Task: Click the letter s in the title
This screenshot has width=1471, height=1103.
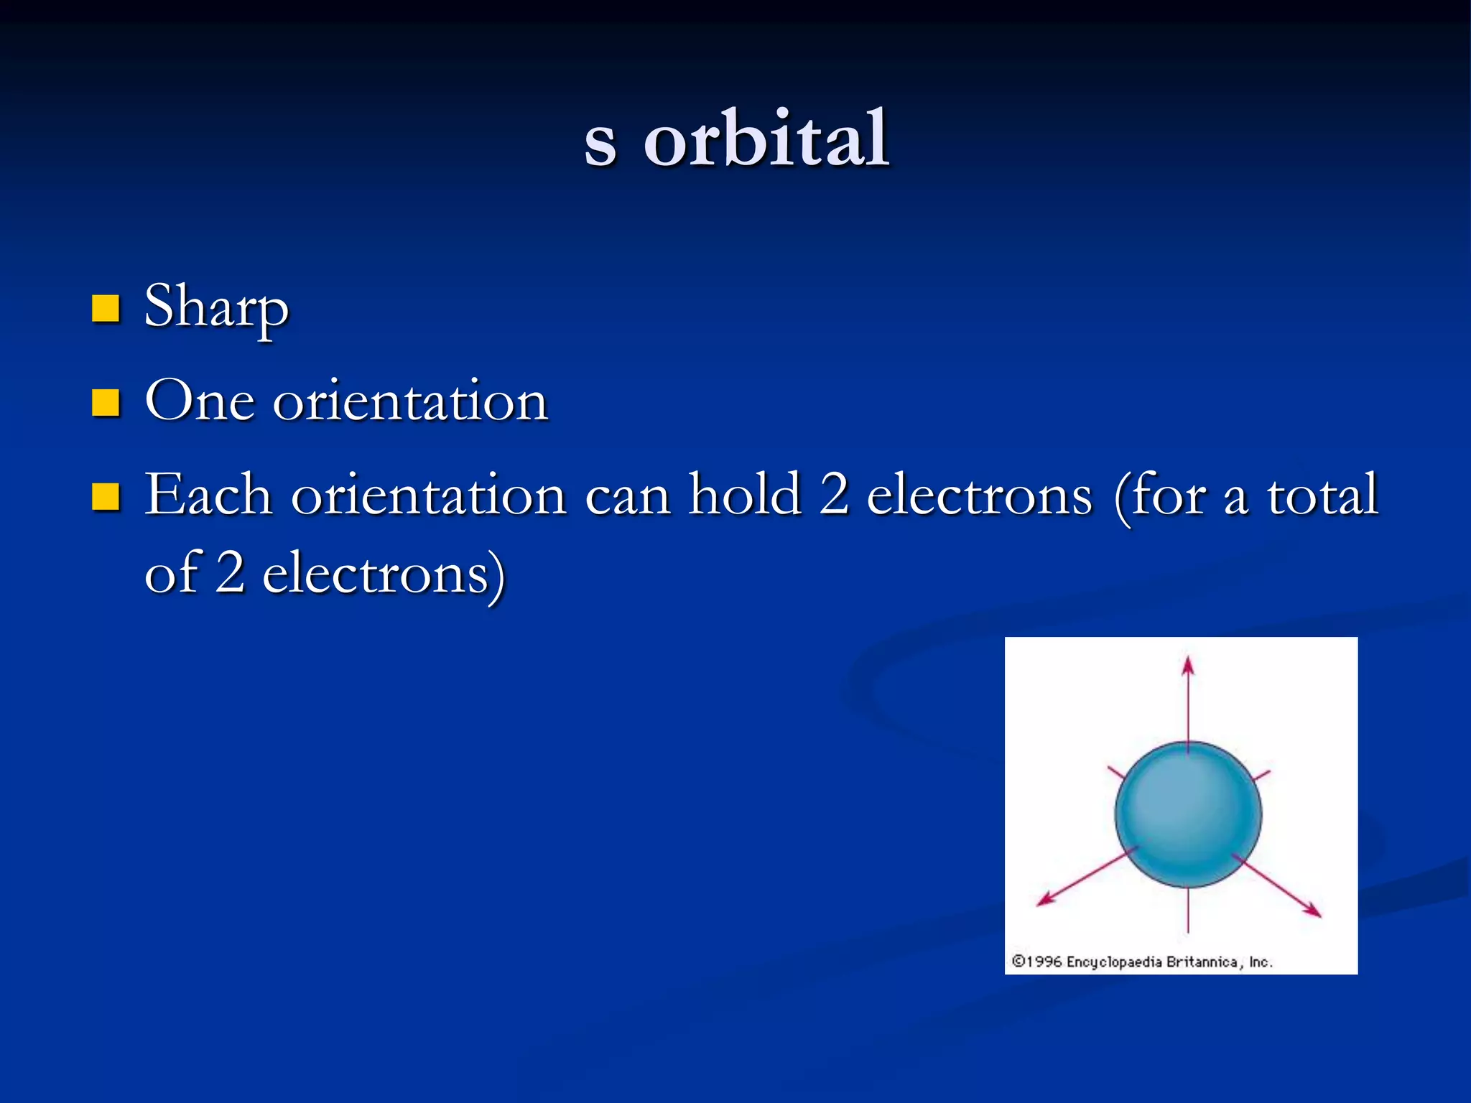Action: (600, 144)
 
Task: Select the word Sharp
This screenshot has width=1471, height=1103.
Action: (216, 307)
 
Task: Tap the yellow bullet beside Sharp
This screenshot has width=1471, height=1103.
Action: (106, 309)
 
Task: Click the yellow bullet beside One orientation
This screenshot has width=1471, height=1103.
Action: (106, 403)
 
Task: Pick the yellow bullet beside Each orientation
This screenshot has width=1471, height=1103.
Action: (106, 496)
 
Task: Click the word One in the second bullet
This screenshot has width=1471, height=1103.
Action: (200, 401)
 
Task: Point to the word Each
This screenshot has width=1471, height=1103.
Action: (208, 495)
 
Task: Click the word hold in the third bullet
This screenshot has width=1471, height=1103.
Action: (744, 495)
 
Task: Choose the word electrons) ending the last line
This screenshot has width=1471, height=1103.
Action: (384, 574)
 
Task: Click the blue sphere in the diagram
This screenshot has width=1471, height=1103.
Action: (1188, 814)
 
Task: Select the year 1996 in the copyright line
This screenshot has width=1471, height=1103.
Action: (1044, 962)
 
